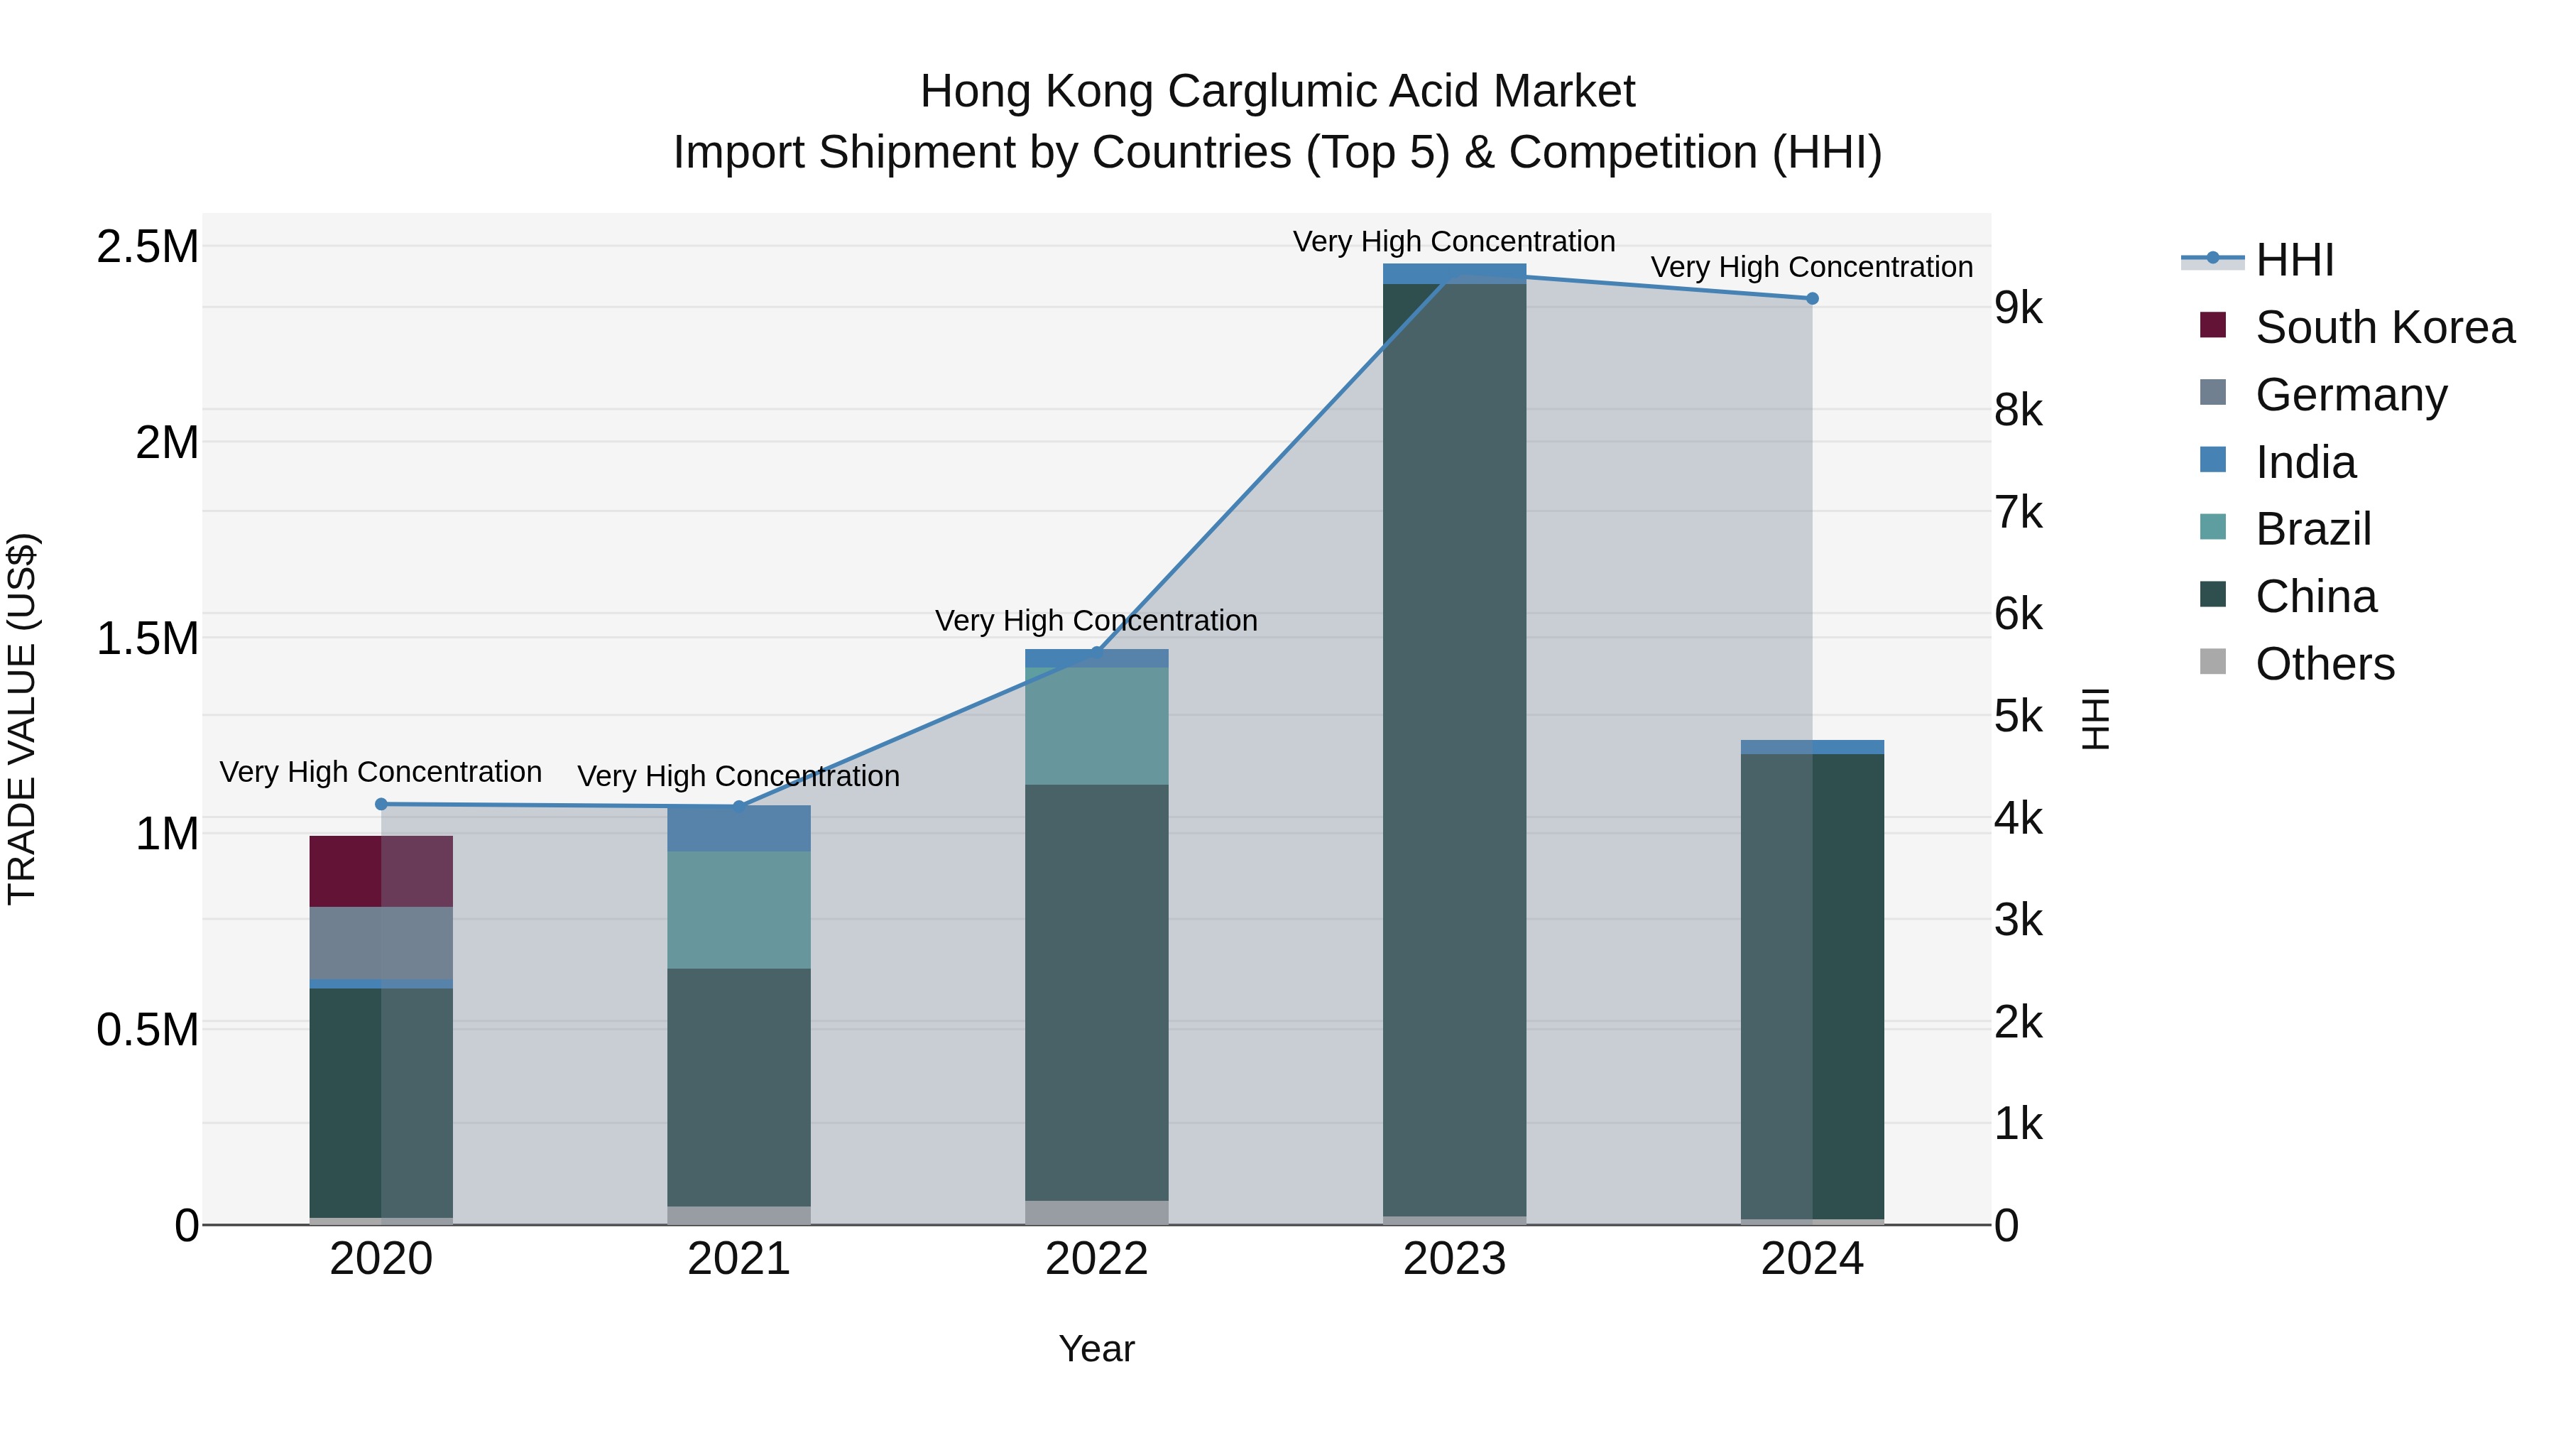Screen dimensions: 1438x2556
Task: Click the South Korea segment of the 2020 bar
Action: (x=381, y=871)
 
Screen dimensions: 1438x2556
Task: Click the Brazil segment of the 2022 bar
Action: (x=1096, y=726)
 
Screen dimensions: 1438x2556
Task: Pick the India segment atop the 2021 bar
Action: (x=738, y=829)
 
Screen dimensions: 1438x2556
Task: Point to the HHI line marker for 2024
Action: (x=1812, y=299)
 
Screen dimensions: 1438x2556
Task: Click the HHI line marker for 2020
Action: (x=381, y=804)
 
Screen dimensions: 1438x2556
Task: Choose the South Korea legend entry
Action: (x=2384, y=327)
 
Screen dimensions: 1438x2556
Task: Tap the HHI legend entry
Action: (x=2293, y=260)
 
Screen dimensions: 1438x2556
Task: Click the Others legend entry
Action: (x=2324, y=664)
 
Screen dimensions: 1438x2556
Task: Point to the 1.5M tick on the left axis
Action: (x=147, y=638)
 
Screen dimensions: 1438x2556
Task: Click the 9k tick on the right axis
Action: (x=2019, y=309)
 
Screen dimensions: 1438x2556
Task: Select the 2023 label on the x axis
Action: (x=1453, y=1259)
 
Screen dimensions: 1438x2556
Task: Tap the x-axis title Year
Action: (x=1096, y=1349)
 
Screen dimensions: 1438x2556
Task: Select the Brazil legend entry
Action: (x=2313, y=529)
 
